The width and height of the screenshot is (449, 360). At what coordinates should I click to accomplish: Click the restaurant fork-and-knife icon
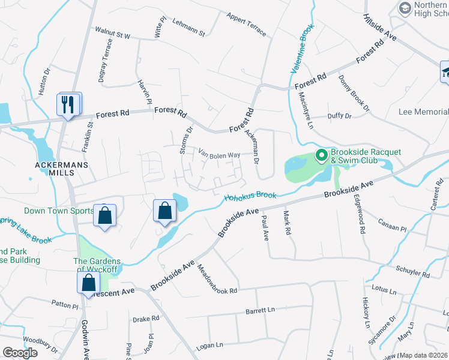click(x=69, y=104)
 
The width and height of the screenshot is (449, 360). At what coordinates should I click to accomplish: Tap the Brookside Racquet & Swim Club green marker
click(x=321, y=156)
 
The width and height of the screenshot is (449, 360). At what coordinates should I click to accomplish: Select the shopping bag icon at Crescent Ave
click(x=88, y=282)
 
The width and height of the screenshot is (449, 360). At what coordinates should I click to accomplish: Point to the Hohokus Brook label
click(x=250, y=196)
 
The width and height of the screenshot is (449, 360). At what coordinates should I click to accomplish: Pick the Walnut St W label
click(x=112, y=32)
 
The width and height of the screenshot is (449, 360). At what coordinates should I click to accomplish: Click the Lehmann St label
click(x=188, y=26)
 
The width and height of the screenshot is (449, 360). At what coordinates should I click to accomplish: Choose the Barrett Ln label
click(x=259, y=311)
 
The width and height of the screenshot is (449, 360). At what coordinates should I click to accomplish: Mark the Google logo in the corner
click(x=19, y=353)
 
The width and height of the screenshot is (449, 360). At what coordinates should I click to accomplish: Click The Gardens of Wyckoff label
click(x=97, y=265)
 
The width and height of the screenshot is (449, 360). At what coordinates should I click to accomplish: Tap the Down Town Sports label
click(x=58, y=211)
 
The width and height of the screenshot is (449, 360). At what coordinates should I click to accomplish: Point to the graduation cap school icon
click(x=445, y=73)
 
